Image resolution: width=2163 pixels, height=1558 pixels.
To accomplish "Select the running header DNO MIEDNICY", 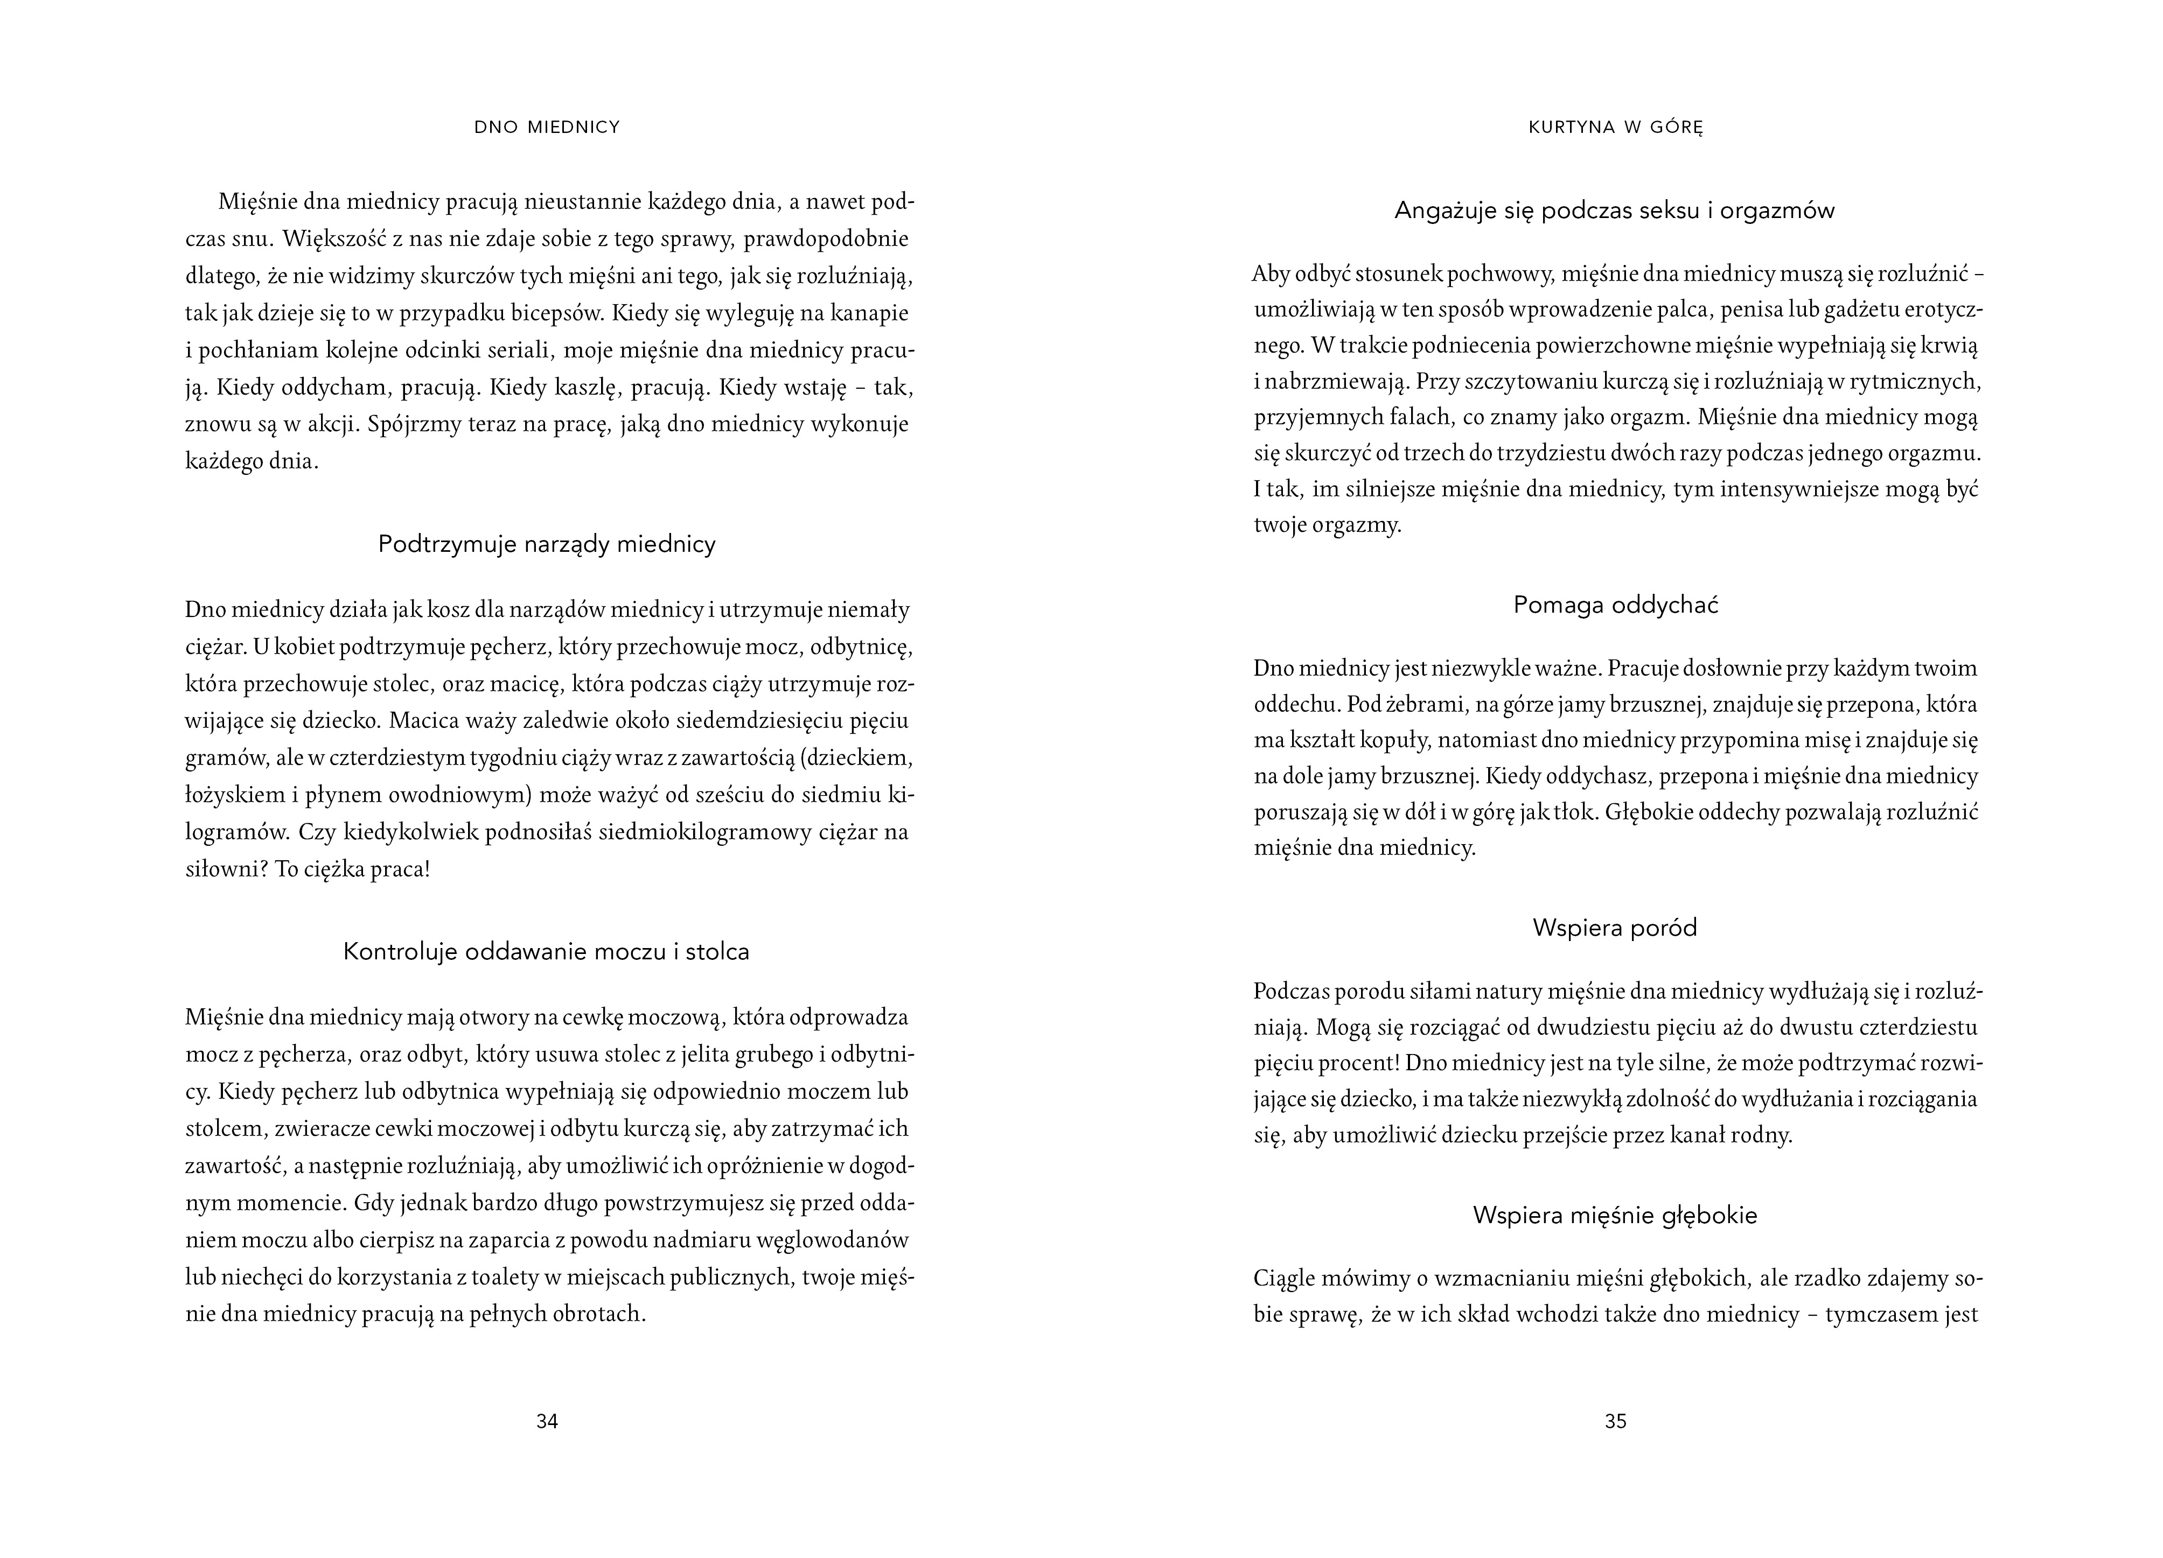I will (547, 127).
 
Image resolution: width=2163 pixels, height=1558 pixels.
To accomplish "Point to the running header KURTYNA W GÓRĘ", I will (1616, 127).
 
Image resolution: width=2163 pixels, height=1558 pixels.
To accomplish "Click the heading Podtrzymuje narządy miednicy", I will (547, 544).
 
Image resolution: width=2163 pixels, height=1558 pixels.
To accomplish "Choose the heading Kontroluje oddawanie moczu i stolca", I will (547, 952).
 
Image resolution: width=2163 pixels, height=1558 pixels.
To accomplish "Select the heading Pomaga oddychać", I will (1616, 606).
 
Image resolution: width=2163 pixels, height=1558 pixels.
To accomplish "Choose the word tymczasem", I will (1882, 1315).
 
